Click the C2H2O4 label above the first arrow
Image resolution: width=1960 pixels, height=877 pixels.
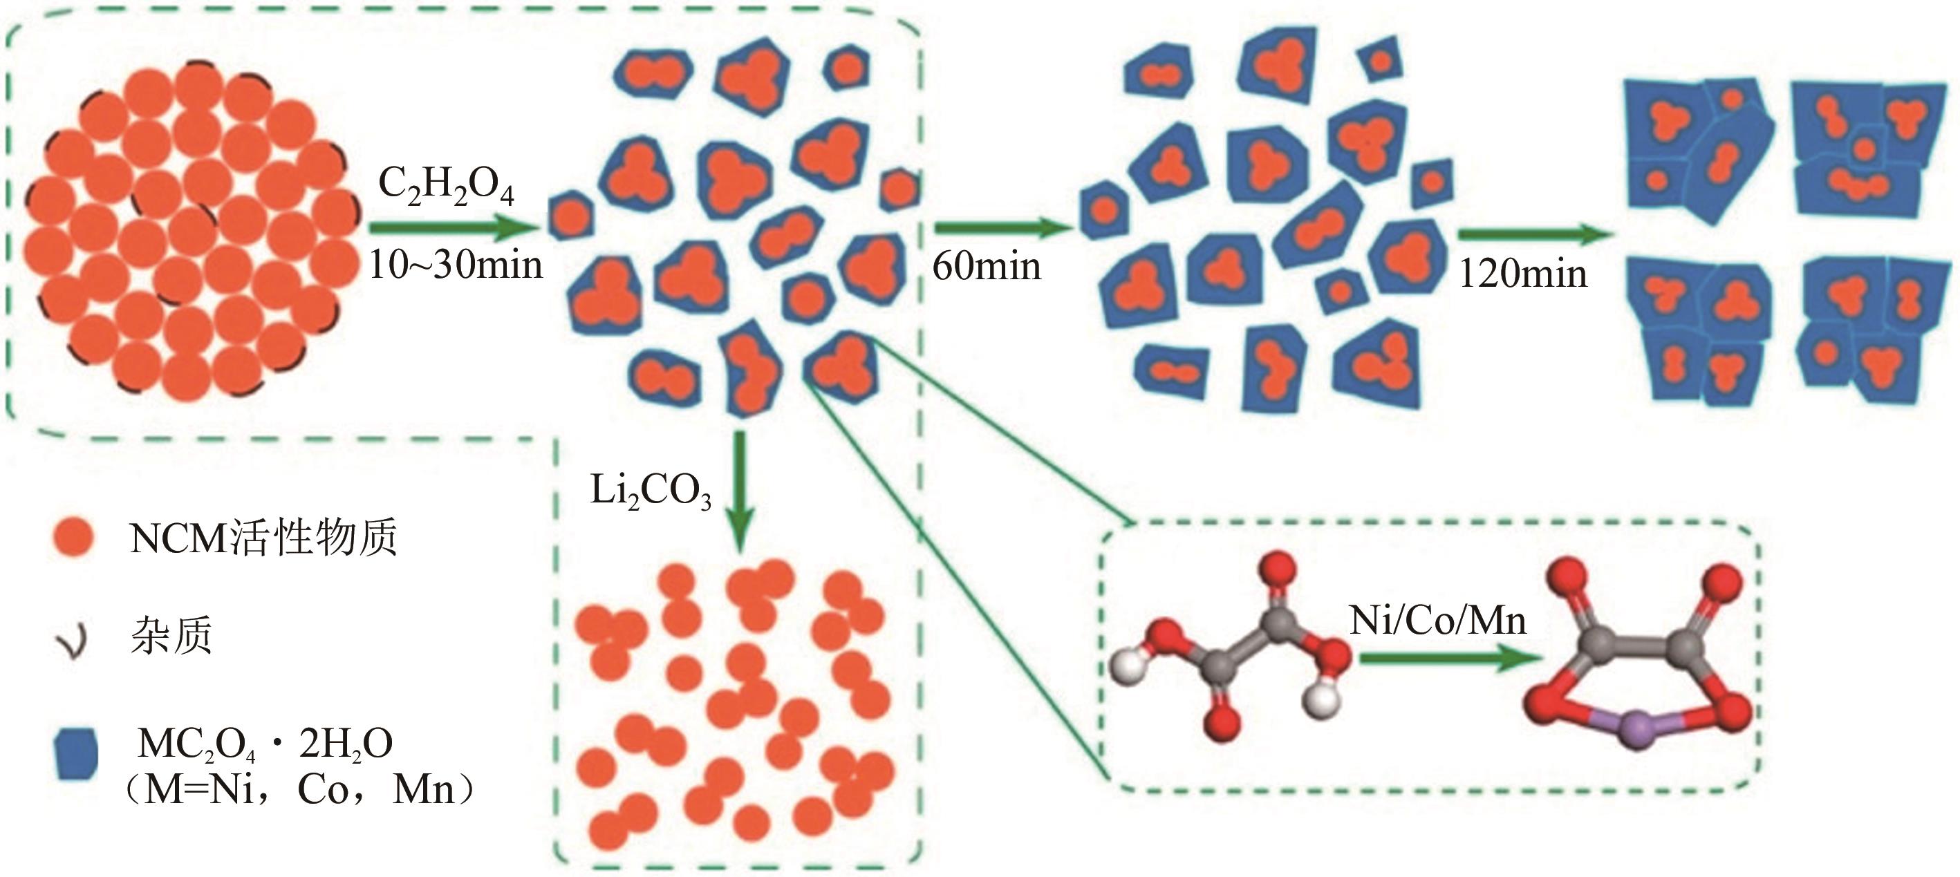[446, 187]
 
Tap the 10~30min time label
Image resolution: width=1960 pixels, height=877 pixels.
[455, 265]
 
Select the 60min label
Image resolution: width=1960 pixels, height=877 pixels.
[986, 266]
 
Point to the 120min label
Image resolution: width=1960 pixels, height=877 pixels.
[1522, 274]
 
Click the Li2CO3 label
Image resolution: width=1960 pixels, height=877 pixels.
[651, 491]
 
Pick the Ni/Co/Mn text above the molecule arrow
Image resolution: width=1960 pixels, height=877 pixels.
[1437, 621]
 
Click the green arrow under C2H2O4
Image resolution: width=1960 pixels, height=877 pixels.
[454, 227]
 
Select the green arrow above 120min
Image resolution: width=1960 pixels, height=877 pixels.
[1534, 234]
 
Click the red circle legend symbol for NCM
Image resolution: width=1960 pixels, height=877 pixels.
[73, 538]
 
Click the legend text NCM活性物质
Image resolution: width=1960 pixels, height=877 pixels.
[263, 538]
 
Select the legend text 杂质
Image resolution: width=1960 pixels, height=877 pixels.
[171, 636]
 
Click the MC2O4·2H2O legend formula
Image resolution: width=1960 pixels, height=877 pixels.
[265, 744]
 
